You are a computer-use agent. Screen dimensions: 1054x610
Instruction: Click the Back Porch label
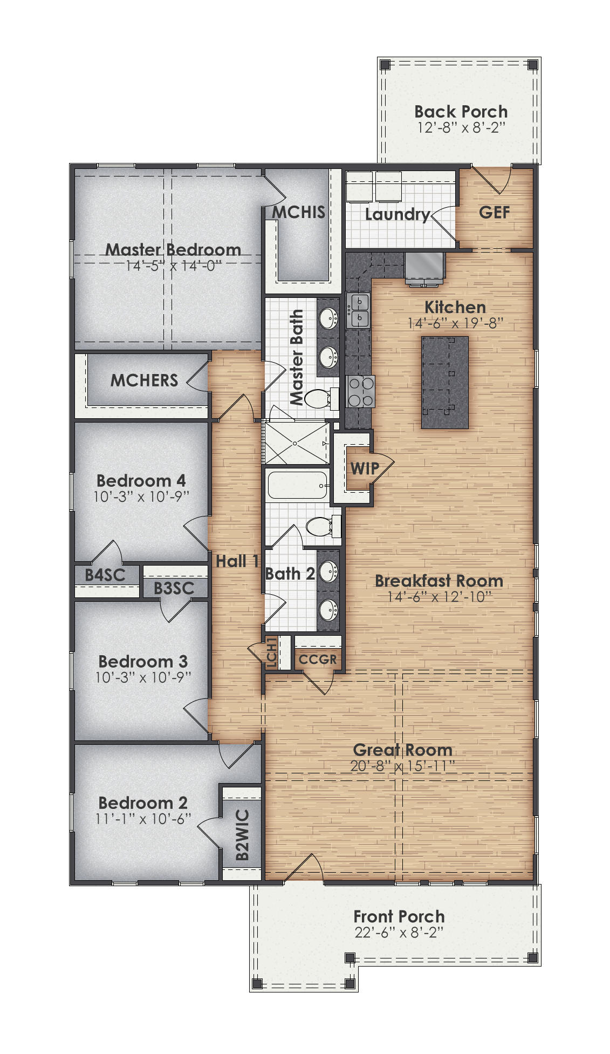click(x=461, y=112)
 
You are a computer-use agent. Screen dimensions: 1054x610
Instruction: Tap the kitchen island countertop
click(x=444, y=383)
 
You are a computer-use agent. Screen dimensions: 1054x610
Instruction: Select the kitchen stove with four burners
click(x=360, y=392)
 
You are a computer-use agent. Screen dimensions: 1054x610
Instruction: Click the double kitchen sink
click(x=359, y=310)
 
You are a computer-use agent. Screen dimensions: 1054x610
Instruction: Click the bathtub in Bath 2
click(x=297, y=485)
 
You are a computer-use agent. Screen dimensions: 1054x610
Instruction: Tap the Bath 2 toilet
click(x=321, y=526)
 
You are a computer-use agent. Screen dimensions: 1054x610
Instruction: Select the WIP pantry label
click(x=365, y=468)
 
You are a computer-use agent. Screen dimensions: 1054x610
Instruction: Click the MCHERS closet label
click(x=144, y=380)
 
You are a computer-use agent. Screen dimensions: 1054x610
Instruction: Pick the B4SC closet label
click(x=105, y=575)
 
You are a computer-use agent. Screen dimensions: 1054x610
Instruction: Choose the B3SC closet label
click(x=174, y=588)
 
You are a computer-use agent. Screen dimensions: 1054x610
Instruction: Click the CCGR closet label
click(x=318, y=659)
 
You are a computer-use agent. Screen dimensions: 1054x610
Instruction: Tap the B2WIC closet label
click(x=243, y=835)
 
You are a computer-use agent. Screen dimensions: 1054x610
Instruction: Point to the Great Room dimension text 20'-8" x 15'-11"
click(x=402, y=766)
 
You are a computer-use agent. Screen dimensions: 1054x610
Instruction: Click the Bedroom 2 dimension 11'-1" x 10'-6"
click(x=143, y=819)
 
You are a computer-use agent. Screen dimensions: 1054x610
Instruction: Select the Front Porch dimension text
click(x=399, y=933)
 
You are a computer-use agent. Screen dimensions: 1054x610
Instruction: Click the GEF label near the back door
click(x=494, y=213)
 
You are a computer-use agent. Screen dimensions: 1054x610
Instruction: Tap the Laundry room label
click(x=397, y=214)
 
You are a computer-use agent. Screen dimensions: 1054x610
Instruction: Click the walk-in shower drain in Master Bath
click(x=295, y=444)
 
